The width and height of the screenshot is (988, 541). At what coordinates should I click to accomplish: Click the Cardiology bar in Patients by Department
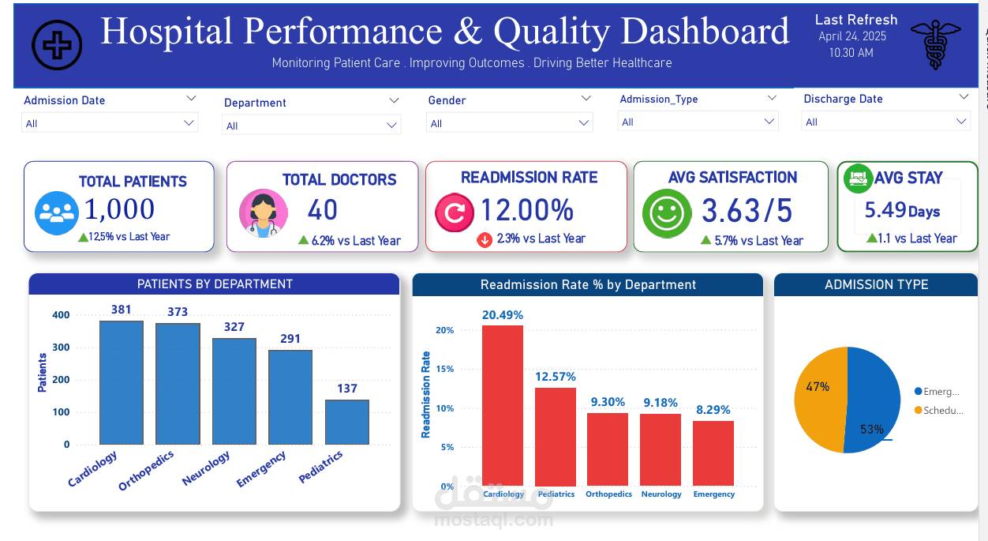coord(121,382)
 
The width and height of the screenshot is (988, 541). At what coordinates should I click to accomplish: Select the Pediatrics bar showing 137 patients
coord(346,422)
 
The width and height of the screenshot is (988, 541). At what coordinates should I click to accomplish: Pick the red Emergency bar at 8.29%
coord(713,453)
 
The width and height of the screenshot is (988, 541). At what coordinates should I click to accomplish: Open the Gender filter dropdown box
coord(509,123)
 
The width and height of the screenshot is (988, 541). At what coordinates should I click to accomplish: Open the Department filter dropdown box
coord(312,126)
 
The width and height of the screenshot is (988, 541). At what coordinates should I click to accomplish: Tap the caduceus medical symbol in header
coord(935,44)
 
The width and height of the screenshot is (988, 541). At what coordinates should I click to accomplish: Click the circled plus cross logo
coord(57,44)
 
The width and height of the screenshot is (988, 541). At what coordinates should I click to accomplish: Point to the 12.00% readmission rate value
coord(526,210)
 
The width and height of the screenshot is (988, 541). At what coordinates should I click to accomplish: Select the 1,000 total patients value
coord(119,209)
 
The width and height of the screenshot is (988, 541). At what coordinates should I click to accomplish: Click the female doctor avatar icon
coord(263,213)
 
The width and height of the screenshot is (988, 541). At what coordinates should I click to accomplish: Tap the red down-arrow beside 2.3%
coord(485,239)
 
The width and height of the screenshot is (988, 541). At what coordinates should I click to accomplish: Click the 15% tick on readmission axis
coord(445,369)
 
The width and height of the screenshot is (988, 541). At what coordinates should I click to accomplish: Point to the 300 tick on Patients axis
coord(61,348)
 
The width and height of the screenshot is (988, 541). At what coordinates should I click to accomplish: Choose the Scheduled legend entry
coord(938,411)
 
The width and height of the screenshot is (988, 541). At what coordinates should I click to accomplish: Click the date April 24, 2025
coord(852,36)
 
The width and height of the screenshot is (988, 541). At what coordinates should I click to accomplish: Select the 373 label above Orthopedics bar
coord(178,312)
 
